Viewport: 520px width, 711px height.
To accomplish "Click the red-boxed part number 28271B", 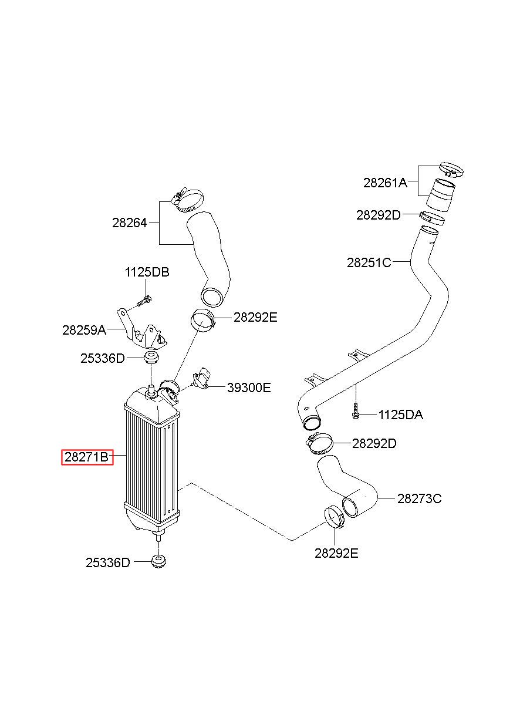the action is coord(87,457).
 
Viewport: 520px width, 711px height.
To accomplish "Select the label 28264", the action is coord(130,223).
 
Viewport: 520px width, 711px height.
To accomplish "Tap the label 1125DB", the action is coord(147,272).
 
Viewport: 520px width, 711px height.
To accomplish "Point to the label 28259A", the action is coord(84,330).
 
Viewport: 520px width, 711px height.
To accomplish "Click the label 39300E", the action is coord(249,387).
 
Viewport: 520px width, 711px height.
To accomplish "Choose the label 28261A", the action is coord(385,183).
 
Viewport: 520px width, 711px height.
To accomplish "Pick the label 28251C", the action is coord(369,262).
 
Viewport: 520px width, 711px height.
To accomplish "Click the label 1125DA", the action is coord(401,415).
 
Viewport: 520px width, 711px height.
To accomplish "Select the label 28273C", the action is coord(420,498).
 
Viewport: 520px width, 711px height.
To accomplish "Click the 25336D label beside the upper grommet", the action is coord(103,358).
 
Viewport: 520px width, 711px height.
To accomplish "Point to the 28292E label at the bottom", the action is coord(336,553).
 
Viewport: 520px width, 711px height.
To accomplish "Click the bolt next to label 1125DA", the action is coord(356,411).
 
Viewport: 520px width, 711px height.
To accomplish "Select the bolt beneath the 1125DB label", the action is coord(144,301).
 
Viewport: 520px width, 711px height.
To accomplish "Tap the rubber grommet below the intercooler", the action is coord(158,561).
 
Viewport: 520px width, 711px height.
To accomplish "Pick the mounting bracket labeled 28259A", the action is coord(142,330).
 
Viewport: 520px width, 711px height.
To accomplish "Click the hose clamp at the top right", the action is coord(451,169).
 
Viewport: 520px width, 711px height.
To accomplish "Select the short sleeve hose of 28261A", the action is coord(440,196).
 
